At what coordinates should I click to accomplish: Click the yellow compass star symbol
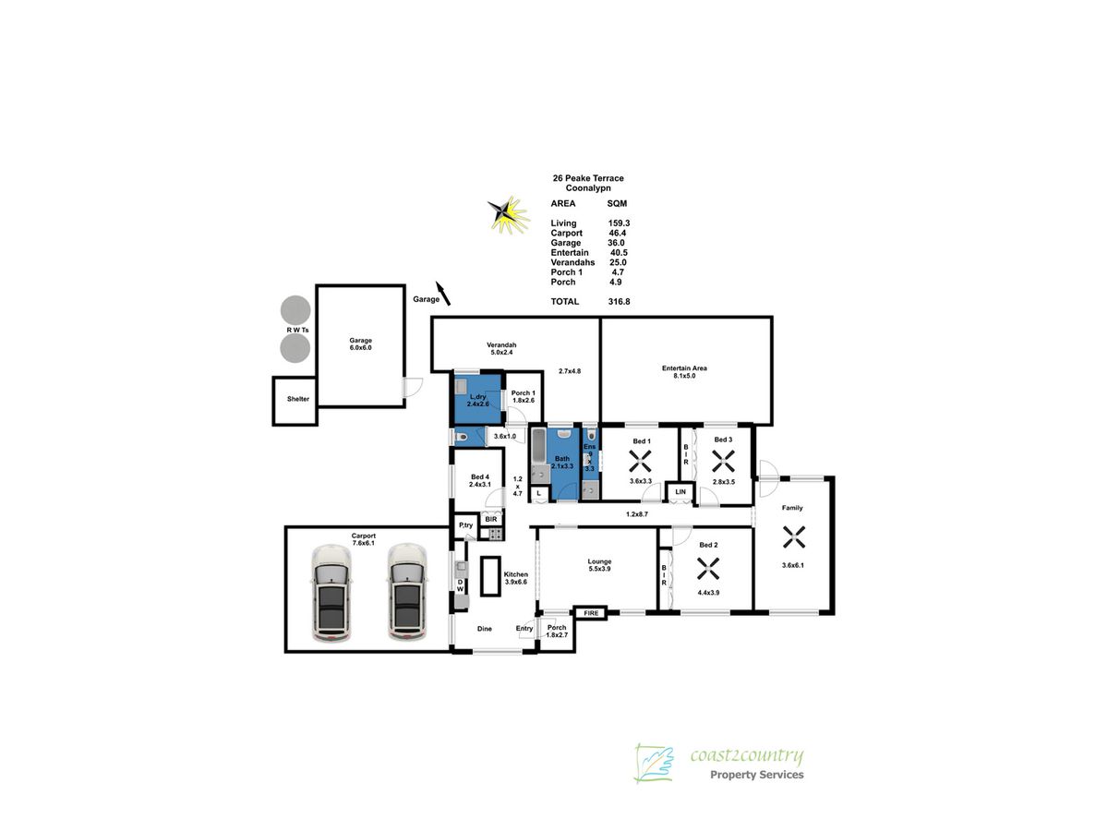pos(507,214)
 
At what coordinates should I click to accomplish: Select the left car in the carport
pos(331,593)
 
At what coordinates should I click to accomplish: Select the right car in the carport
pos(407,593)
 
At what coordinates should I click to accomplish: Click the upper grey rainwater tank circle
pos(295,309)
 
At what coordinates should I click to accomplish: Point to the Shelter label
pos(297,400)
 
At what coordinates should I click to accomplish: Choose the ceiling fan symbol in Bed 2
pos(708,561)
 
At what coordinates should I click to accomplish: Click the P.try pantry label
pos(466,525)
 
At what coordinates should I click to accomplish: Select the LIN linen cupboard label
pos(680,493)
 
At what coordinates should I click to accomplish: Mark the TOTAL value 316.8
pos(619,301)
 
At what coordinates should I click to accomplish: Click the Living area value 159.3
pos(619,223)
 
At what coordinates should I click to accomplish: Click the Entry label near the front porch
pos(524,629)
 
